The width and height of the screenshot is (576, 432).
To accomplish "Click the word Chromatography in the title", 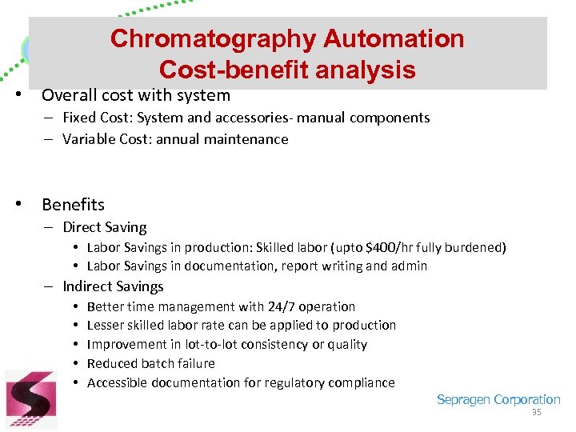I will point(214,38).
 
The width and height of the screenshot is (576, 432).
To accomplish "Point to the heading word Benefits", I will point(73,204).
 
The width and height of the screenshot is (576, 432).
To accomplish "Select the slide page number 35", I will point(537,413).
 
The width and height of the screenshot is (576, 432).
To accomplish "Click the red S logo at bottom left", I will point(31,398).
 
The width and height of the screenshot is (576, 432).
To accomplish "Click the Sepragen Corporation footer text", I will point(498,400).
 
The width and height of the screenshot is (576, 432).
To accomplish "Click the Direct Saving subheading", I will point(105,227).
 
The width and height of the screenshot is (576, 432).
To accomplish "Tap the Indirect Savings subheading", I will point(113,286).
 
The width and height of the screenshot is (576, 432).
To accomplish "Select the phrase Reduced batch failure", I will point(150,363).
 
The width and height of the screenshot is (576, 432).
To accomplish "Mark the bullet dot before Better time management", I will point(74,306).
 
